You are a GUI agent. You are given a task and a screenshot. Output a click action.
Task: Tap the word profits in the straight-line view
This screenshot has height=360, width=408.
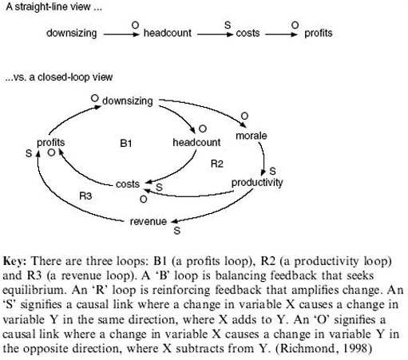click(x=317, y=34)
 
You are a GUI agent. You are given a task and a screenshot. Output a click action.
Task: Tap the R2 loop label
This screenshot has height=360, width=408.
click(x=216, y=164)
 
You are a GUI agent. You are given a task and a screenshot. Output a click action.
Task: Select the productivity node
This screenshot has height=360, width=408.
click(x=257, y=183)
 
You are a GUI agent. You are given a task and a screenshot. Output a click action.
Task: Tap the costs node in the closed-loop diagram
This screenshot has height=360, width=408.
click(x=128, y=184)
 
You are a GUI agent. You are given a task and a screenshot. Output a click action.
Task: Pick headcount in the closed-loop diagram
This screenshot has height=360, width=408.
click(x=196, y=142)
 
